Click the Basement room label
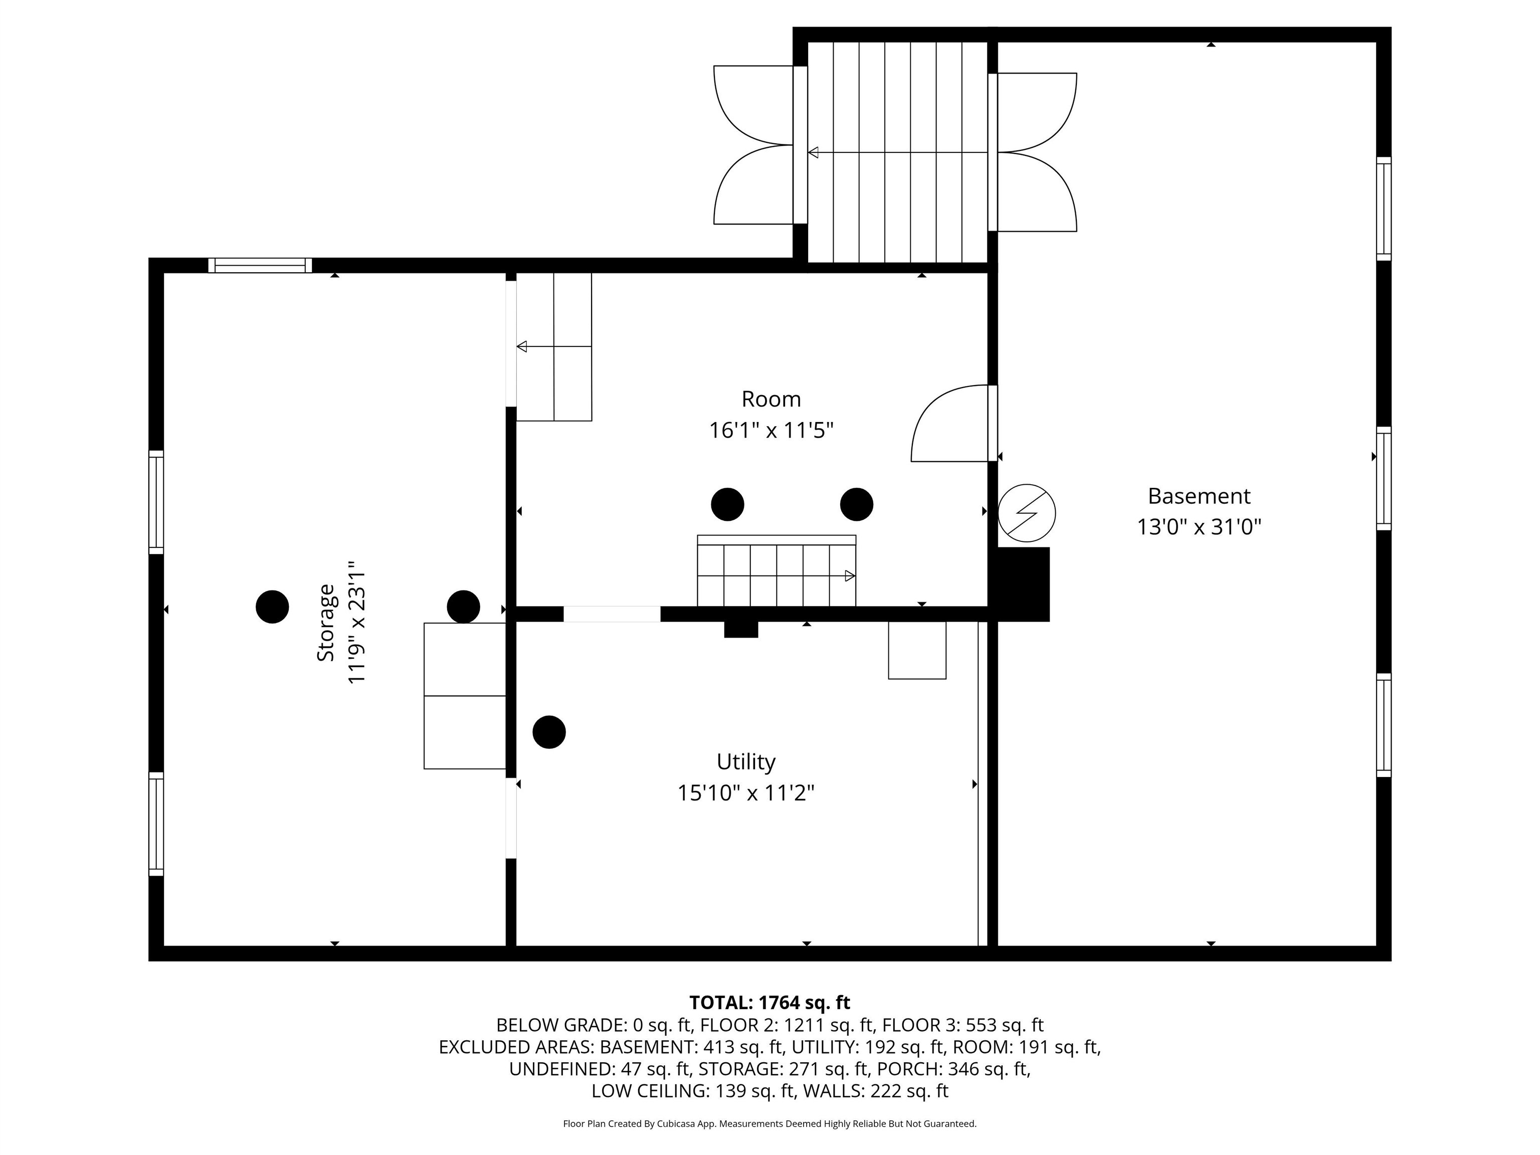click(x=1198, y=496)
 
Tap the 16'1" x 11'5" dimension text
click(x=771, y=430)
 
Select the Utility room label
click(x=745, y=761)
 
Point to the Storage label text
click(x=326, y=623)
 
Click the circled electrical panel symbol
click(x=1026, y=513)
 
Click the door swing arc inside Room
click(x=940, y=418)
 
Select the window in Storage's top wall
click(x=260, y=265)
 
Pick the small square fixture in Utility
click(x=916, y=650)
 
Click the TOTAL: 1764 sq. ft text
click(x=769, y=1003)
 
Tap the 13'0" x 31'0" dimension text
click(x=1198, y=527)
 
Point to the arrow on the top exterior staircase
click(x=813, y=152)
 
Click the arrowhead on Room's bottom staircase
click(x=849, y=576)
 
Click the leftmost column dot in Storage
click(x=272, y=607)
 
